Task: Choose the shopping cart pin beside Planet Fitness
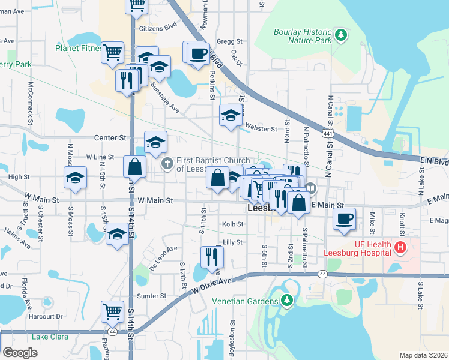tap(112, 53)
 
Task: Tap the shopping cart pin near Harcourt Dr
tap(112, 311)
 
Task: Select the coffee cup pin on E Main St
tap(345, 219)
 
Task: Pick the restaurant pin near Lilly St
tap(211, 257)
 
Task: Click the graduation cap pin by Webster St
tap(230, 116)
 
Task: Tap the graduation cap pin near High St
tap(75, 178)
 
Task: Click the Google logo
tap(20, 353)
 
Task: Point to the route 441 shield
tap(327, 133)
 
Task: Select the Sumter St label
tap(151, 296)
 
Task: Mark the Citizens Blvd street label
tap(158, 28)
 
